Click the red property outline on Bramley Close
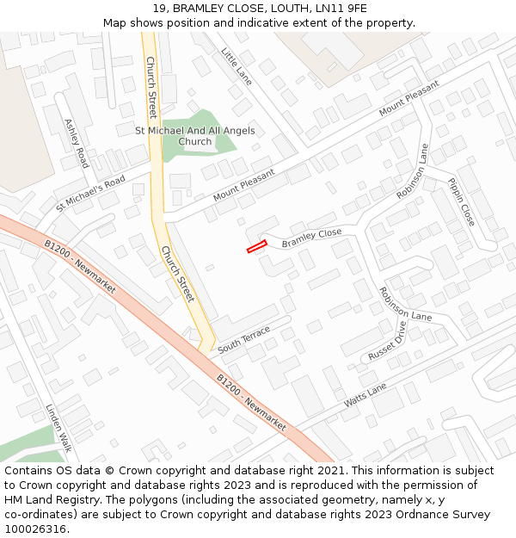(x=256, y=247)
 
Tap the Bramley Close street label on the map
(x=311, y=238)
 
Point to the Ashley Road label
(x=77, y=144)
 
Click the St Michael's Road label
(x=90, y=193)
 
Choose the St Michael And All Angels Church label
(x=195, y=136)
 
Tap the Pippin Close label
(x=461, y=201)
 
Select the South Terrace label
(x=243, y=339)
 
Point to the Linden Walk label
(x=58, y=428)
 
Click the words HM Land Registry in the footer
(x=44, y=499)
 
